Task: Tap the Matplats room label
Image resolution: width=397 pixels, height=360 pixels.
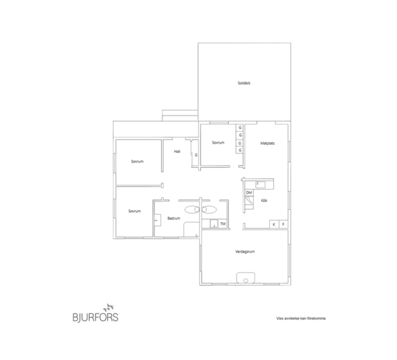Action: click(x=268, y=143)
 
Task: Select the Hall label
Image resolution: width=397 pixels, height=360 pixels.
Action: click(x=177, y=152)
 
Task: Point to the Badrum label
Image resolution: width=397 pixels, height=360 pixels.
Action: click(x=173, y=218)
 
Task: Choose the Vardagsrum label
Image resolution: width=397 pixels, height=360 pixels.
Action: click(x=245, y=251)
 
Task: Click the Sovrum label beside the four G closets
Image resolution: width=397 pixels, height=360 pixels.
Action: click(x=218, y=143)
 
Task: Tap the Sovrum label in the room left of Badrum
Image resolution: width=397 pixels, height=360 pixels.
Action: click(x=134, y=211)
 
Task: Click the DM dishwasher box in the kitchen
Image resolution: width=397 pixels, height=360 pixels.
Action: click(x=249, y=193)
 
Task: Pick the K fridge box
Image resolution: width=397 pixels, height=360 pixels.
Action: click(x=274, y=224)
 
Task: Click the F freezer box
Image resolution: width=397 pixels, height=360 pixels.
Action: click(x=283, y=224)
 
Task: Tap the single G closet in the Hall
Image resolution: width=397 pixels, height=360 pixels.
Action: click(x=196, y=155)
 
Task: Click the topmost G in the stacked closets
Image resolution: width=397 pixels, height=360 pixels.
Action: click(x=240, y=128)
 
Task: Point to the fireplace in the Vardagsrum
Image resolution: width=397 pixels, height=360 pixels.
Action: click(x=246, y=278)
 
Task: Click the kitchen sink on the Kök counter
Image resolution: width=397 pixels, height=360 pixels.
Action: click(x=260, y=184)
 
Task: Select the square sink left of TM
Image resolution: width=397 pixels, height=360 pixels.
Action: click(x=214, y=224)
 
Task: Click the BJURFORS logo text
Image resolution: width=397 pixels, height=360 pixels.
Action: click(x=95, y=317)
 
